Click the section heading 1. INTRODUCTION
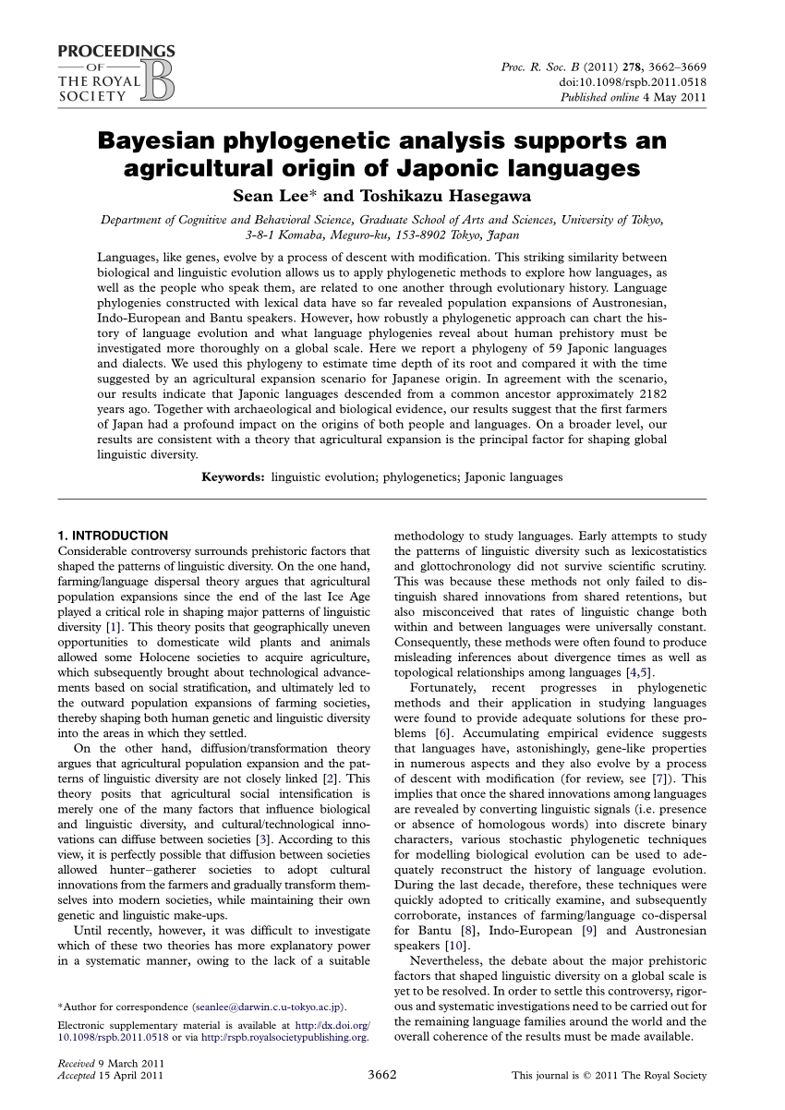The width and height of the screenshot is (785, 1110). coord(113,536)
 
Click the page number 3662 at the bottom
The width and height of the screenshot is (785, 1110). coord(382,1075)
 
